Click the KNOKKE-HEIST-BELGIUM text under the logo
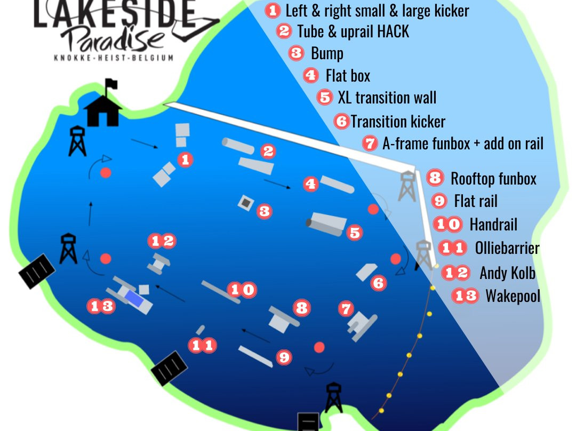click(x=114, y=58)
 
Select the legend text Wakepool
click(x=513, y=296)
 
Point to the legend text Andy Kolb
click(x=507, y=273)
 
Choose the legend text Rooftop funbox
click(x=493, y=178)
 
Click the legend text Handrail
click(x=493, y=225)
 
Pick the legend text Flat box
click(x=348, y=76)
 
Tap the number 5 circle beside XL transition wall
click(x=324, y=98)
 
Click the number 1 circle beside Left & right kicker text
click(x=273, y=10)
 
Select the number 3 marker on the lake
click(x=263, y=211)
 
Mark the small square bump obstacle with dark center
click(x=246, y=202)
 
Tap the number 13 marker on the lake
click(x=101, y=306)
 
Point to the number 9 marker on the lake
click(x=284, y=357)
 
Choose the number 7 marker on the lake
click(x=346, y=308)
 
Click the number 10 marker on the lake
click(x=242, y=290)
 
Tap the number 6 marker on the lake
click(x=378, y=283)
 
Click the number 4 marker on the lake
click(x=310, y=184)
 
